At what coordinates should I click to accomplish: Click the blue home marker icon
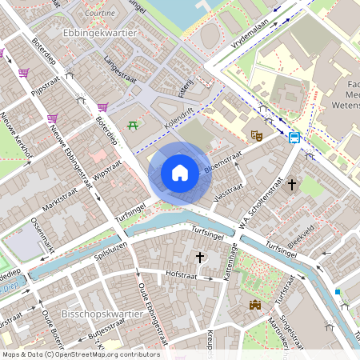point(180,172)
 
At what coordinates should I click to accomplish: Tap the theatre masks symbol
point(256,136)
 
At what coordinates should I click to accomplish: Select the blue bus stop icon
point(294,137)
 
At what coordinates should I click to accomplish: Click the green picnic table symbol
point(132,126)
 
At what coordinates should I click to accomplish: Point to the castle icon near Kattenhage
point(255,305)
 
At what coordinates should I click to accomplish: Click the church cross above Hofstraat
point(200,257)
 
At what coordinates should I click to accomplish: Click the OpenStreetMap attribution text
point(80,354)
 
